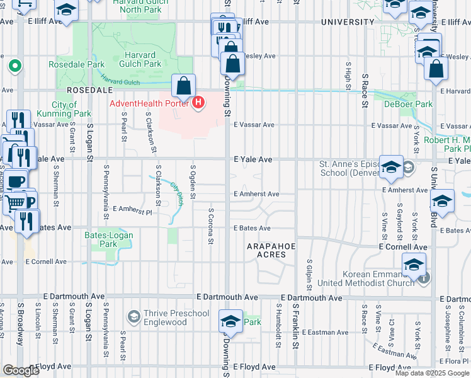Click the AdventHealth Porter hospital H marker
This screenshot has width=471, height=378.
(x=199, y=102)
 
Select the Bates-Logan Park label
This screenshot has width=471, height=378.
(x=100, y=239)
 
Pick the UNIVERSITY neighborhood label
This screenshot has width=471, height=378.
(x=348, y=22)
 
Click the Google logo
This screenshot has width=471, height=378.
(x=21, y=370)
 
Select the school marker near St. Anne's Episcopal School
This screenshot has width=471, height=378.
(x=391, y=168)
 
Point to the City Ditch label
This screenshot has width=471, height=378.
(x=176, y=194)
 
